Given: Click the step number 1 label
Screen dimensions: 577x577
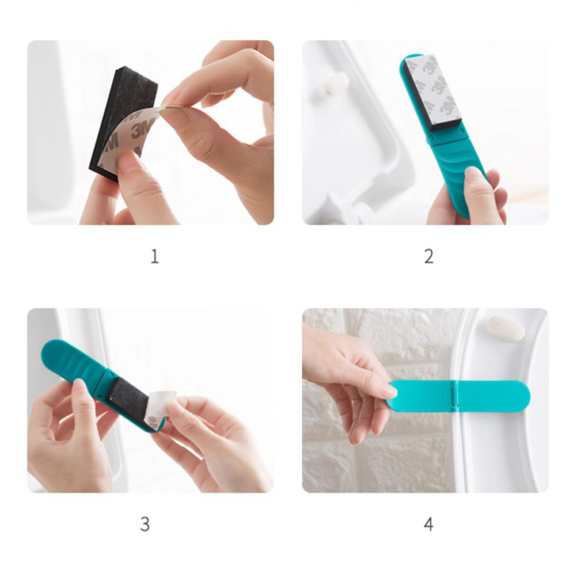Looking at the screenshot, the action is [154, 256].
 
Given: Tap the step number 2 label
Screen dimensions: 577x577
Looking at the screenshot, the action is [428, 256].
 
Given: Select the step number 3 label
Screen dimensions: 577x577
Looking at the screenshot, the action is [145, 524].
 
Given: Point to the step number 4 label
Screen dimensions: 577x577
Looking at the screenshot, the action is [428, 524].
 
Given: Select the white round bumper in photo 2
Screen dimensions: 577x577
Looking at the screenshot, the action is [336, 83].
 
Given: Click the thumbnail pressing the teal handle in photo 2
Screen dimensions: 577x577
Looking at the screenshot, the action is [472, 172].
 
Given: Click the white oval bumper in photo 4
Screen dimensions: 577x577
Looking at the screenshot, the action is [506, 328].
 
